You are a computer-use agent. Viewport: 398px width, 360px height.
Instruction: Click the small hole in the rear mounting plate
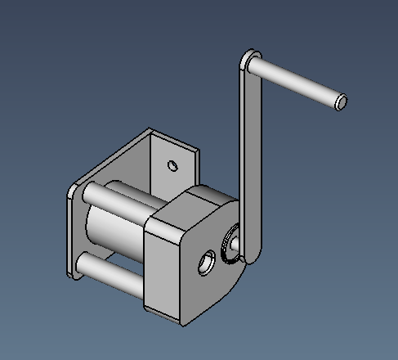click(172, 165)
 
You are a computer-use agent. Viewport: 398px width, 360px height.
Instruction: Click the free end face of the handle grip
click(341, 101)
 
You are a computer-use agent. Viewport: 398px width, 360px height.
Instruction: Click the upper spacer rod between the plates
click(123, 205)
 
